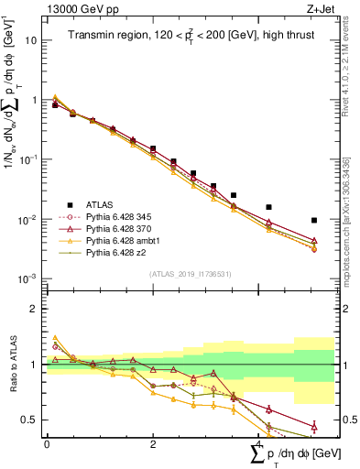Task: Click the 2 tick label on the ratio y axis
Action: click(x=32, y=309)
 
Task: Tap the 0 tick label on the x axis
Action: click(x=47, y=444)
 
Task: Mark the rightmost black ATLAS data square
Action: click(x=314, y=220)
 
